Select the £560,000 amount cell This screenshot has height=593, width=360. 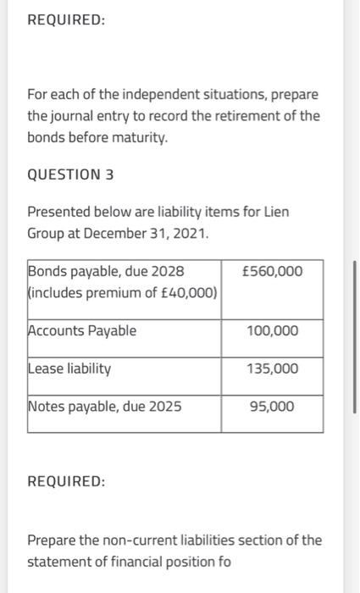pyautogui.click(x=271, y=271)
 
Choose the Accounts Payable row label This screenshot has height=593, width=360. pyautogui.click(x=82, y=330)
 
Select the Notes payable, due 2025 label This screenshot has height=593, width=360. pyautogui.click(x=105, y=407)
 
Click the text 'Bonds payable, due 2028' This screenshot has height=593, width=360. pyautogui.click(x=106, y=271)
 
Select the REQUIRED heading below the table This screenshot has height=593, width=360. pyautogui.click(x=66, y=481)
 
